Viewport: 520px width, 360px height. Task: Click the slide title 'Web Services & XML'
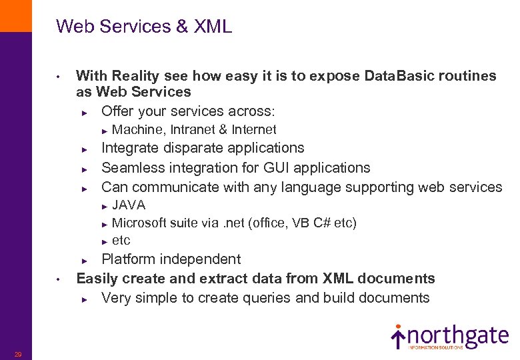[x=144, y=27]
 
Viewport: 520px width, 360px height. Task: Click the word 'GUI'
[x=275, y=167]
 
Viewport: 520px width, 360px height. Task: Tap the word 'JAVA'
[x=129, y=205]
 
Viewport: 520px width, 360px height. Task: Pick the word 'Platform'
[x=129, y=259]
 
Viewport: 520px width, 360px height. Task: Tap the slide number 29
[x=18, y=354]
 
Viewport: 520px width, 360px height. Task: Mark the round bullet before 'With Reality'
[x=59, y=76]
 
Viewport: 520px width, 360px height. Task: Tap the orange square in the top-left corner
[x=15, y=15]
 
